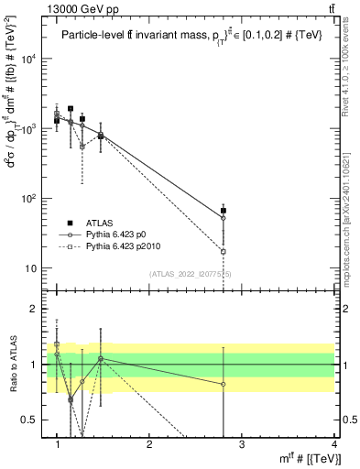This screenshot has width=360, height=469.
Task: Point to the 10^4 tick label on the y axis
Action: pyautogui.click(x=29, y=60)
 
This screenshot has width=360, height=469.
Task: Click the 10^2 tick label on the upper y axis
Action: pyautogui.click(x=29, y=199)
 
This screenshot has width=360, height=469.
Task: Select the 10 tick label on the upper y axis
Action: pyautogui.click(x=32, y=268)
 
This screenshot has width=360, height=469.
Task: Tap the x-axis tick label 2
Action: pyautogui.click(x=149, y=444)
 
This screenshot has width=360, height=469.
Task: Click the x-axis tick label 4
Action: pyautogui.click(x=333, y=444)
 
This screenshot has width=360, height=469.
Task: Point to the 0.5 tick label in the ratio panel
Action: pyautogui.click(x=30, y=420)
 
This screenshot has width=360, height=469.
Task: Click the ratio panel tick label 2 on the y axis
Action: pyautogui.click(x=35, y=309)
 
